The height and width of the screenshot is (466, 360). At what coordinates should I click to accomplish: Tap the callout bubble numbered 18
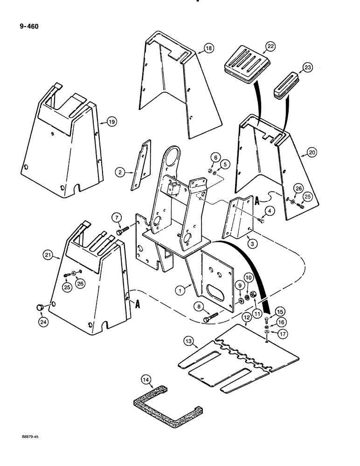[208, 48]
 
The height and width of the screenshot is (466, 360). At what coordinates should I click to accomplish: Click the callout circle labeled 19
[111, 122]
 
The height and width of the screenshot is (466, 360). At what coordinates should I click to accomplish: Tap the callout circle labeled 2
[120, 172]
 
